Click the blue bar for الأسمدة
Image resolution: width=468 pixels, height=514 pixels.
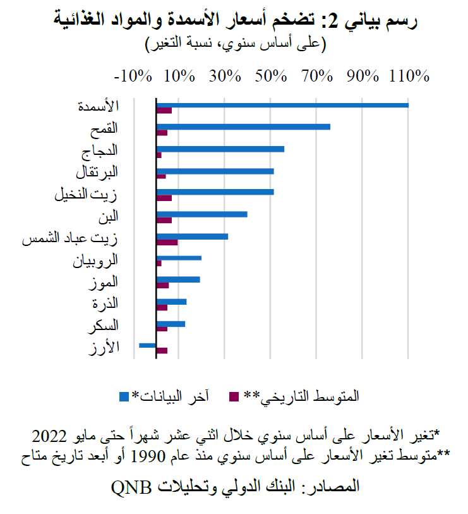click(x=282, y=105)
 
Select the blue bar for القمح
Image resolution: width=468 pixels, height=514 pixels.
click(x=243, y=127)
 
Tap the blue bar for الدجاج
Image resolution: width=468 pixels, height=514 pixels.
click(x=220, y=149)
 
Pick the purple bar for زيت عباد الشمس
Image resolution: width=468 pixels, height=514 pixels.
click(x=167, y=242)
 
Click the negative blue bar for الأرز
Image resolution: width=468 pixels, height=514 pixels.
click(x=147, y=345)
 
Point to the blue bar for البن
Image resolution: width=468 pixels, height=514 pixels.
click(x=201, y=214)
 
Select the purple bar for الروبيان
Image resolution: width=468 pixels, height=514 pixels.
click(x=159, y=264)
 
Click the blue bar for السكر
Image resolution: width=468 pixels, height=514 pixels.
click(x=171, y=324)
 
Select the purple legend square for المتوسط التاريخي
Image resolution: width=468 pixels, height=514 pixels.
click(x=234, y=396)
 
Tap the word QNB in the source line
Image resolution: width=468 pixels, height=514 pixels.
click(x=133, y=486)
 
